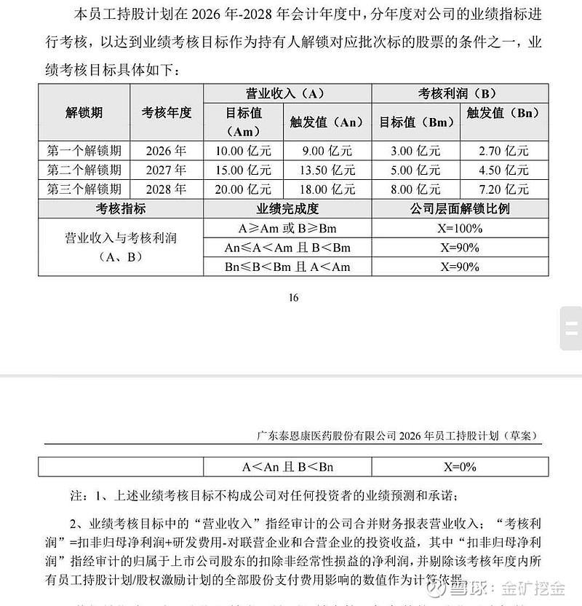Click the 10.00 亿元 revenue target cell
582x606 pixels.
[x=243, y=151]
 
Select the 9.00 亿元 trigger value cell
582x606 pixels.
[x=327, y=151]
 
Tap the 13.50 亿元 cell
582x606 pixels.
[x=327, y=170]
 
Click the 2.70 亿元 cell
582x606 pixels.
[x=503, y=151]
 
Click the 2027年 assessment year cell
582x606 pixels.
[x=166, y=170]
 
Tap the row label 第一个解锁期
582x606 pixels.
[x=84, y=151]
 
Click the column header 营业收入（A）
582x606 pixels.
[x=287, y=94]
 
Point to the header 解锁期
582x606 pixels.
[x=84, y=112]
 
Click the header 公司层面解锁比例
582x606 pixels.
[x=460, y=209]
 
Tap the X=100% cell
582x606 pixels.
[x=460, y=228]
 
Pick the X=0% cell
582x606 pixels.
[x=460, y=467]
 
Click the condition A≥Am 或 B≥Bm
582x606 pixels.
[x=287, y=228]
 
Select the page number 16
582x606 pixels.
[x=293, y=297]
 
